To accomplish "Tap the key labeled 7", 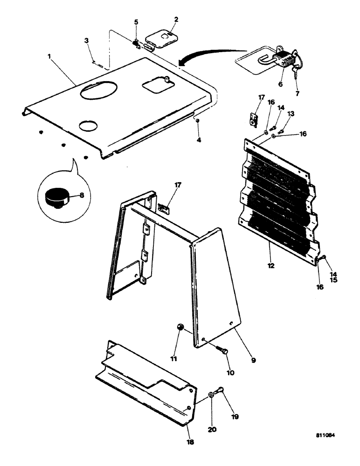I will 296,70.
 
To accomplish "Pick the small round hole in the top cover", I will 88,124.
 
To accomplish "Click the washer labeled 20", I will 211,395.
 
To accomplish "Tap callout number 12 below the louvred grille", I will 271,266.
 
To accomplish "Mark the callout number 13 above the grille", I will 291,113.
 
